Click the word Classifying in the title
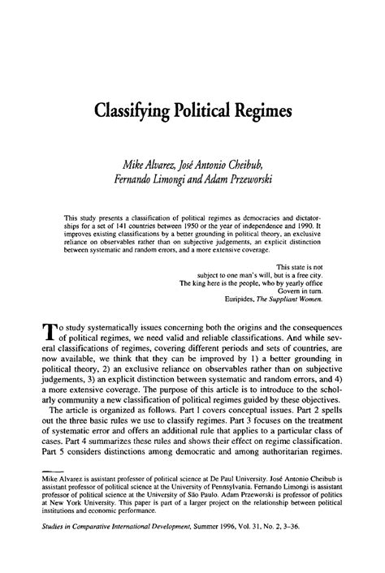click(x=143, y=110)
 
